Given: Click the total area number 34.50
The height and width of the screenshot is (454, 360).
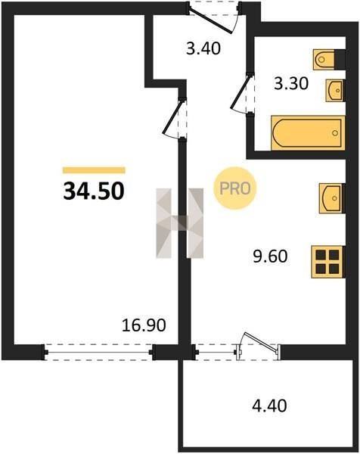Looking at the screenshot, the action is point(94,191).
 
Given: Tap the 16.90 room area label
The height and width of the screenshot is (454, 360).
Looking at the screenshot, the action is point(144,325).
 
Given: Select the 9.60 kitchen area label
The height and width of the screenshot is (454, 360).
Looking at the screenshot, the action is point(270,257).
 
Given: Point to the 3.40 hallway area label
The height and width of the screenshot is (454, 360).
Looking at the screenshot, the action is point(203,48).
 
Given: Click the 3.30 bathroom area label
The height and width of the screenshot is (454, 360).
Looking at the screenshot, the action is point(291,84).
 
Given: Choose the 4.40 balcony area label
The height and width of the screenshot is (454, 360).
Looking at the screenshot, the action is point(269,406).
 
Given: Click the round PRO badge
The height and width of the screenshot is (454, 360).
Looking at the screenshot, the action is point(234,188).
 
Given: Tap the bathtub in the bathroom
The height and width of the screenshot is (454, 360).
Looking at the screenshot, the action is point(309,133).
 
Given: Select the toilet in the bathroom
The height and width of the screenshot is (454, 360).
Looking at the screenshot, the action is point(324,60).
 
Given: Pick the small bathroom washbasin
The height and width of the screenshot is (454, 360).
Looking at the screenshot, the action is point(335,90).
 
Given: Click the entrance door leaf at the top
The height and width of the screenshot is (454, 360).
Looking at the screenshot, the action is point(211,22).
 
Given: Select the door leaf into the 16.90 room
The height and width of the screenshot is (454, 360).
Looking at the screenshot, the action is point(172,116).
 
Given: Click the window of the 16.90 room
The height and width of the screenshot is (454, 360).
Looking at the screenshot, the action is point(98,352).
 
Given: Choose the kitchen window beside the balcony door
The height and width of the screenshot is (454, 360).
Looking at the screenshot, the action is point(216,352).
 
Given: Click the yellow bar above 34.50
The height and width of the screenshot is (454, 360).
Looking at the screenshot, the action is point(94,170).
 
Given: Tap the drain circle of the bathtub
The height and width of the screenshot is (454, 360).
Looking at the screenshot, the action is point(335,133).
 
